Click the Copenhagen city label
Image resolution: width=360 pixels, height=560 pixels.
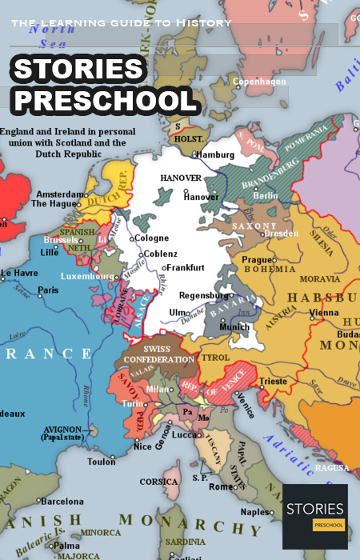click(x=260, y=82)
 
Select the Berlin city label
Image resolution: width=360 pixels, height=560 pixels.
click(x=265, y=196)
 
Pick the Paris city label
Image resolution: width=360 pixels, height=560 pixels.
click(x=49, y=290)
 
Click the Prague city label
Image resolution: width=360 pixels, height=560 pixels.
click(x=258, y=260)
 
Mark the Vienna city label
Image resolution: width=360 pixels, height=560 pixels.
click(x=302, y=312)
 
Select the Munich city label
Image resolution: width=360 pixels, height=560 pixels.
click(x=234, y=326)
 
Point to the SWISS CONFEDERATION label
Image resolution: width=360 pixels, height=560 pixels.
click(x=158, y=354)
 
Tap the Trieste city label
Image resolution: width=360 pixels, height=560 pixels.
click(x=273, y=382)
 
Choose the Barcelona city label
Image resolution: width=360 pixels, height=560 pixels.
click(x=62, y=502)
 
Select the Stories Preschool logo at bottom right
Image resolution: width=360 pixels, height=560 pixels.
click(x=314, y=516)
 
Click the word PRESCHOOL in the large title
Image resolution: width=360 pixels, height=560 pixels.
click(x=106, y=100)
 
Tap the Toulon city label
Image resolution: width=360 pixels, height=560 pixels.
click(x=102, y=462)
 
